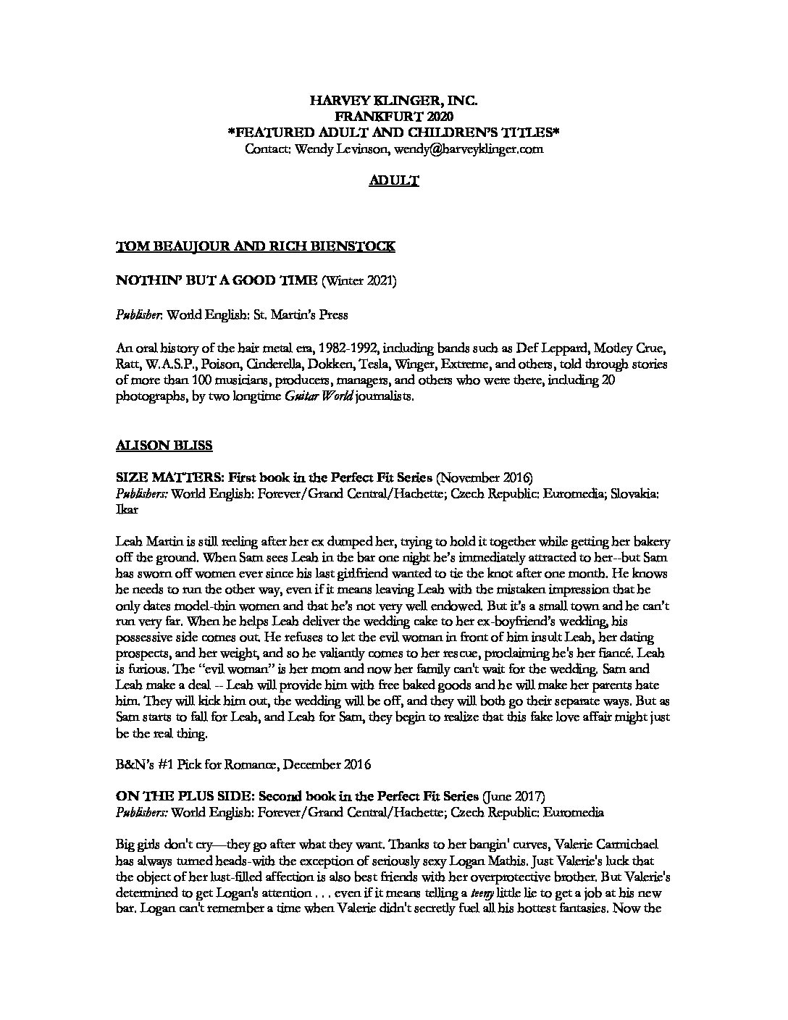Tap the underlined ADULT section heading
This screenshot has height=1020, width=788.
tap(394, 181)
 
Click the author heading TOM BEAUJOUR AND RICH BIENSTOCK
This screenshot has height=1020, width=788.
tap(256, 246)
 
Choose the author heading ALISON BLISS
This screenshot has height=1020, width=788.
tap(164, 445)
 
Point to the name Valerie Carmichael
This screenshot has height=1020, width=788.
tap(600, 845)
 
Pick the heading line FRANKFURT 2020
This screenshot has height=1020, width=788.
tap(394, 117)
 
